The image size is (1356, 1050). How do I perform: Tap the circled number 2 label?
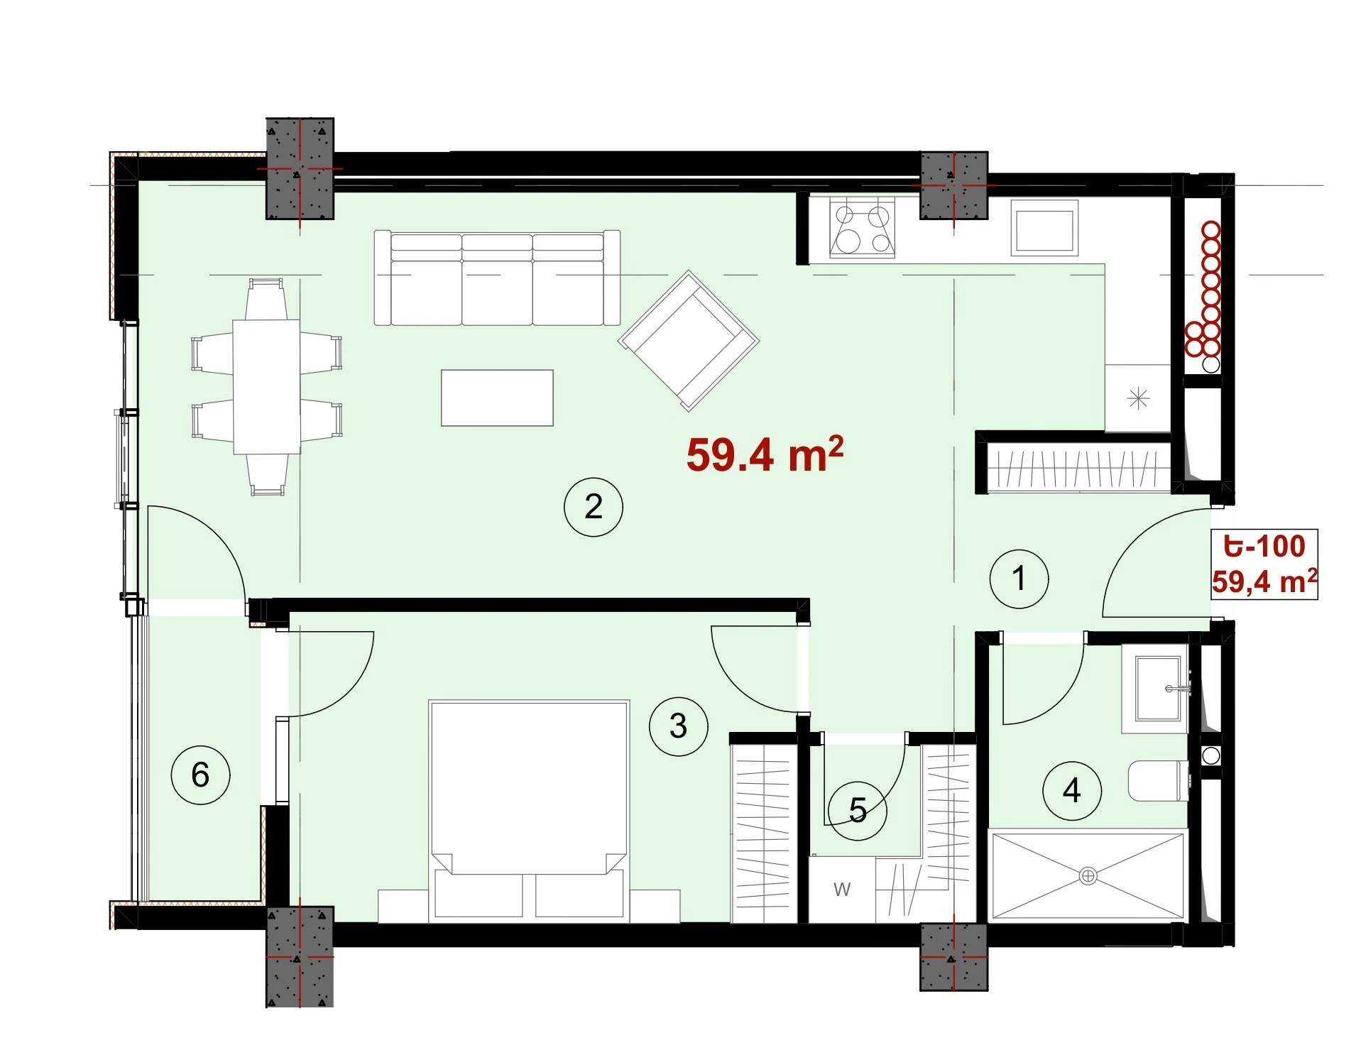click(x=593, y=506)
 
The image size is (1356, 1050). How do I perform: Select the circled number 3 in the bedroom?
click(x=678, y=726)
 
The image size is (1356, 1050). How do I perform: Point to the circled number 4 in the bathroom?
click(x=1071, y=790)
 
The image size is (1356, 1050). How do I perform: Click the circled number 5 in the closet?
click(x=858, y=810)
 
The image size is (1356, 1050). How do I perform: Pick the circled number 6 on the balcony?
click(x=200, y=775)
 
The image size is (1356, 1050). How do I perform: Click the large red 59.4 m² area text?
click(x=765, y=454)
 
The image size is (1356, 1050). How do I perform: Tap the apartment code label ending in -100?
click(x=1264, y=546)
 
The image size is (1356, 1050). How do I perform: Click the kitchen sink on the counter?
click(x=1044, y=227)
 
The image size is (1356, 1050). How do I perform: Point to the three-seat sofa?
click(x=497, y=278)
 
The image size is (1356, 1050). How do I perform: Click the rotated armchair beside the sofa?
click(x=689, y=340)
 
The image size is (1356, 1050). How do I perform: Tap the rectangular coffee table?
click(x=497, y=398)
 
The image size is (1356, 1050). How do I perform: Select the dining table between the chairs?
click(x=267, y=387)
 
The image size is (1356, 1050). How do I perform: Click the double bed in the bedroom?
click(x=529, y=811)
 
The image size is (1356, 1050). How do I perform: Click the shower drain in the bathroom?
click(x=1088, y=876)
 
